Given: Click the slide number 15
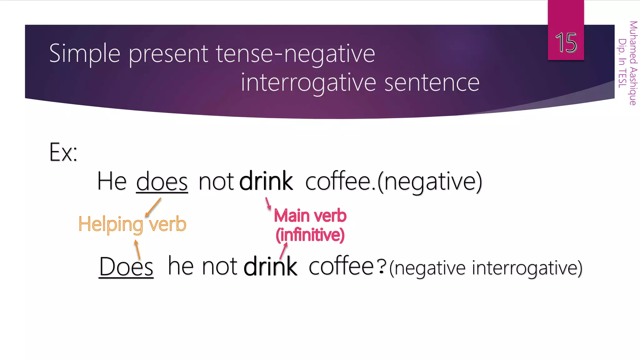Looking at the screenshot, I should pos(566,42).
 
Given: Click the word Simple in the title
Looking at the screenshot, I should pos(85,54).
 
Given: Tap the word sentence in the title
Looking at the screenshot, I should pos(432,83).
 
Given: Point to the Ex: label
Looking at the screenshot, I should pos(63,152).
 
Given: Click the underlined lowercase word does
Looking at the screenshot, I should pos(162,182).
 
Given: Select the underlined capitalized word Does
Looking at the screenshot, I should pos(126,267).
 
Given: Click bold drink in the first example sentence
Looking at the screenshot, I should pos(266,181).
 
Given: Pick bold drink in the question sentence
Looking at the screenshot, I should pos(270,267).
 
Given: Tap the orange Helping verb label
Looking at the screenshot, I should pos(132,224).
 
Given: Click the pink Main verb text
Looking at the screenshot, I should pos(310,216).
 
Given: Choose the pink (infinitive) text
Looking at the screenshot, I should pos(310,235).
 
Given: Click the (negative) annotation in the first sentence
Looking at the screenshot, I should pos(430,182).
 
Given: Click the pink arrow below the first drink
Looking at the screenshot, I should pos(268,203).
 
